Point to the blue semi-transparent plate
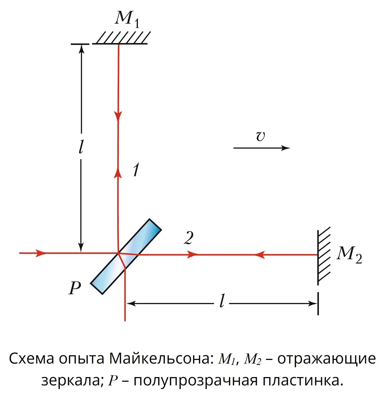click(x=126, y=257)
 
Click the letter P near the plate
click(x=75, y=288)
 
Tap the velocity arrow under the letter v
click(x=261, y=148)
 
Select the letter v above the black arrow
click(x=260, y=136)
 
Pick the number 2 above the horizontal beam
click(x=189, y=238)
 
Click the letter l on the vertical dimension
click(x=81, y=146)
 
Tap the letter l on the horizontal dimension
click(x=222, y=301)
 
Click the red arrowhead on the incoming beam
click(x=40, y=253)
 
